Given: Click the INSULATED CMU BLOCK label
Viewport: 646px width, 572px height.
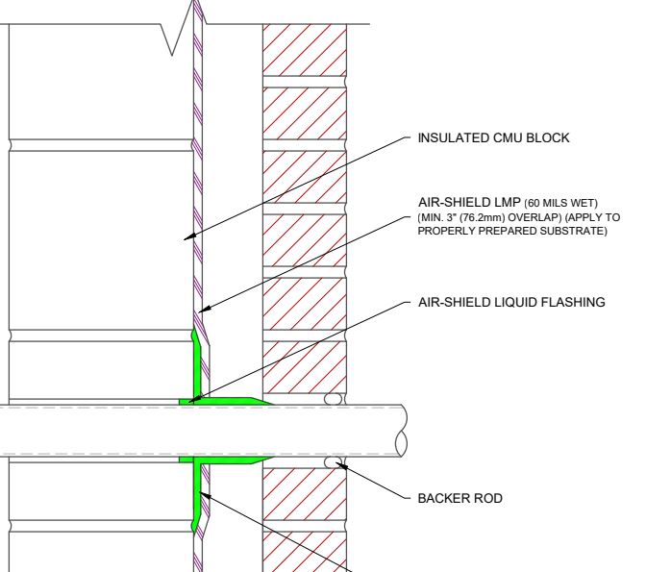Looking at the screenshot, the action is [x=493, y=137].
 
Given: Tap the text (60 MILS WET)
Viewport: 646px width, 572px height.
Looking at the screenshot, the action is [x=560, y=203].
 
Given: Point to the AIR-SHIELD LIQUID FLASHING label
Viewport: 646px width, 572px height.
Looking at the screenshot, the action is [x=511, y=302].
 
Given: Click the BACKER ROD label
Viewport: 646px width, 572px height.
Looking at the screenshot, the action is [x=460, y=498].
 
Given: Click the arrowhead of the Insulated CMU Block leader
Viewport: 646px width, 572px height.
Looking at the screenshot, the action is [x=188, y=236].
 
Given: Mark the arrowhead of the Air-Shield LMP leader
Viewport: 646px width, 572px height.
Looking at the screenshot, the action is [x=205, y=310].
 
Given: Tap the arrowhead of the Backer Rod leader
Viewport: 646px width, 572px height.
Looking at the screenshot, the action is [x=341, y=465].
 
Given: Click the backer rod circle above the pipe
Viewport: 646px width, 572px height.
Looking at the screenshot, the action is [x=333, y=399].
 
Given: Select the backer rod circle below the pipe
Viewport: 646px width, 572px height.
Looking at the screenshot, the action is [x=333, y=462].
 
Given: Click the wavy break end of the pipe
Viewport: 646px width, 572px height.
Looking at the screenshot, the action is [x=402, y=431].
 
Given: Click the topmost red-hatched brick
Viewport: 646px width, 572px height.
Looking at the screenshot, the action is [x=305, y=50].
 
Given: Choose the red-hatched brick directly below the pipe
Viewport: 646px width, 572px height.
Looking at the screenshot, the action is [x=305, y=494].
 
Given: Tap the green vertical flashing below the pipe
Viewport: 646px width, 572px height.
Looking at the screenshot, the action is [x=197, y=494].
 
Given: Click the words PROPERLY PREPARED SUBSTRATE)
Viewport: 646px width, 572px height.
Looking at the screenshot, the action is [x=512, y=231].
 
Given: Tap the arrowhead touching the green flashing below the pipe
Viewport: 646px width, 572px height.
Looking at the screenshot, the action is [x=206, y=496].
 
